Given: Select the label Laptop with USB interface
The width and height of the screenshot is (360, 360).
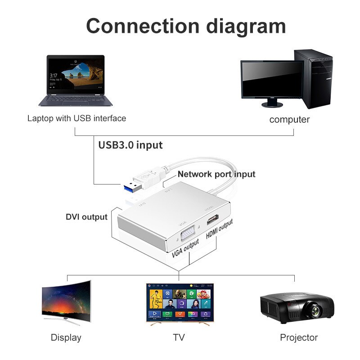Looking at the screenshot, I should pos(76,118).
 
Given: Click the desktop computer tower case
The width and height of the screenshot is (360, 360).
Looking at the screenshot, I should pos(313,79).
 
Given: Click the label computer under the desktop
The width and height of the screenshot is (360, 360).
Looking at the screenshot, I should pos(289,120).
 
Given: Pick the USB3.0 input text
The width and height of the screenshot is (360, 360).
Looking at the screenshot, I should pos(130,145).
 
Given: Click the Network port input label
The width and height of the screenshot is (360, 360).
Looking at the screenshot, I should pos(216,174).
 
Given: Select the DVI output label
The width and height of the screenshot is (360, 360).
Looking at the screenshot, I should pos(86,217).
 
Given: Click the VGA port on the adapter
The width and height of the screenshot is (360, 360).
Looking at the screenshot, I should pos(188,234).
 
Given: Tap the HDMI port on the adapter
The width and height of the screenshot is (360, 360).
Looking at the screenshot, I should pos(212,220).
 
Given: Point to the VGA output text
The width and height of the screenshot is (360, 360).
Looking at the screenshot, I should pos(185,250).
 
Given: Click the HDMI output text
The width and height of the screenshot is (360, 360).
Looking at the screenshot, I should pos(220,230).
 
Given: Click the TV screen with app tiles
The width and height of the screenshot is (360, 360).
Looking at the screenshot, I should pos(179,301).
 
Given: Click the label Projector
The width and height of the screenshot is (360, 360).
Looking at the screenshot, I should pos(298,337).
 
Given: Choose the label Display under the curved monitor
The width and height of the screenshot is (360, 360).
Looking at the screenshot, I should pos(66,337).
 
